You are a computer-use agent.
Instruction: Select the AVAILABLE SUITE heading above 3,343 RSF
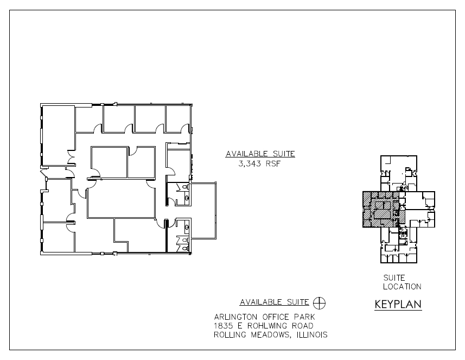(260, 154)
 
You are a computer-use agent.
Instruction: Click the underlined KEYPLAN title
(398, 305)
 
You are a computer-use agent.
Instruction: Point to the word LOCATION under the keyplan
(402, 287)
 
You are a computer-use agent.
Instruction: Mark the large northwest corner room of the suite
(58, 135)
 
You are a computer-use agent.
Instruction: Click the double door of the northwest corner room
(71, 157)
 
